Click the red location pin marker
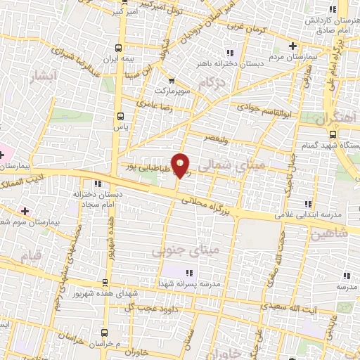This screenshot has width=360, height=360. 181,165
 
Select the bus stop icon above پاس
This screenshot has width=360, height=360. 120,116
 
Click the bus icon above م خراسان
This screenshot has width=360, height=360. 105,331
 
